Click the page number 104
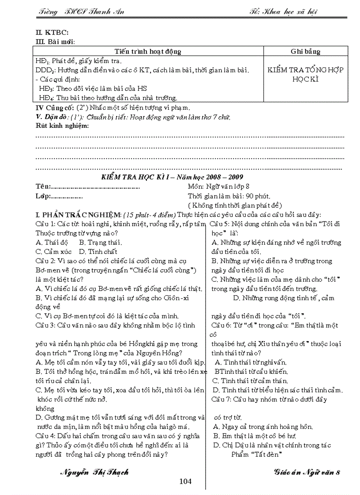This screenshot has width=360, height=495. tap(186, 481)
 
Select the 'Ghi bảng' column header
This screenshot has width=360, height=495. tap(305, 52)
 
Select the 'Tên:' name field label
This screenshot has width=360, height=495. tap(43, 186)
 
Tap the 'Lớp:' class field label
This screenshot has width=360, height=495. tap(43, 196)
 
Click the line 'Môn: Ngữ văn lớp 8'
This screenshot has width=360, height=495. tap(221, 186)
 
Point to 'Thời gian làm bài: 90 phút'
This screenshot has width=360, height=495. tap(229, 196)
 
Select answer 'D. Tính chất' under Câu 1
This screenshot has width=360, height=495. tap(102, 251)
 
